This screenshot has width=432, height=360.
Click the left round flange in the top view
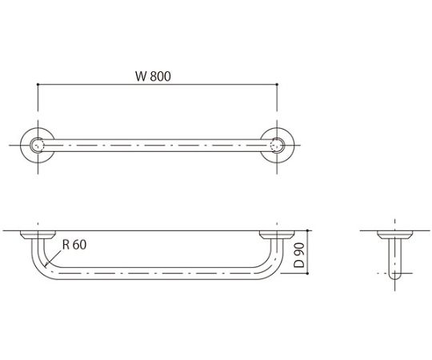coord(38,146)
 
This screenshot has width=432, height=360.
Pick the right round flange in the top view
coord(277,146)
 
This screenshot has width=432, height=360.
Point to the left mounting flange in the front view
coord(38,235)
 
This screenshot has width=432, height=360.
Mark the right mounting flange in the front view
coord(277,235)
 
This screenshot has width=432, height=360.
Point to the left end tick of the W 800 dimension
coord(38,85)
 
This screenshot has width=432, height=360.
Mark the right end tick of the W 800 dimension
coord(277,85)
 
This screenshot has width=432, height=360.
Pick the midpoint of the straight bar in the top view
coord(158,146)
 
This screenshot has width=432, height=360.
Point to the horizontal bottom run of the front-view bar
coord(158,274)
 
